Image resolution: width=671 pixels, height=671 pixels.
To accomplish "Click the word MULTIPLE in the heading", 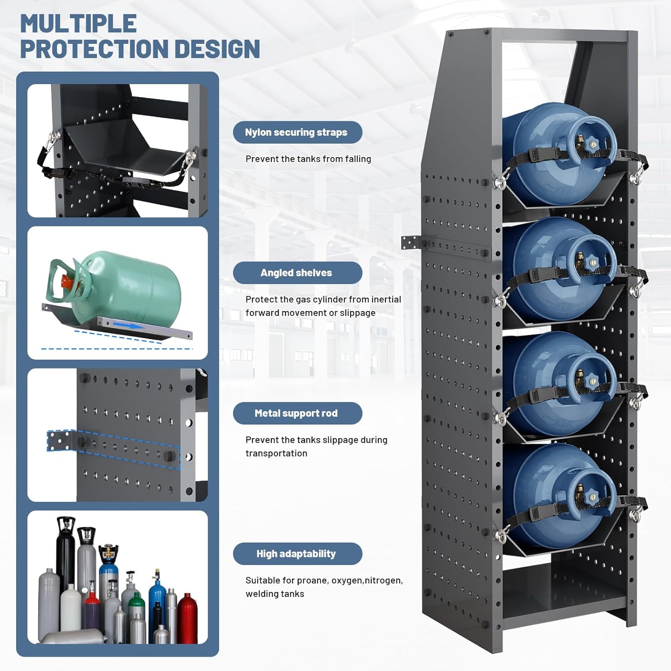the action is coord(79,24).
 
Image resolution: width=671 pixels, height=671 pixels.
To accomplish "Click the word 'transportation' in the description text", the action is coord(276,453).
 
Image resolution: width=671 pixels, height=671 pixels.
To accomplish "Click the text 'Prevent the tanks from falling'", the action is coord(308,159).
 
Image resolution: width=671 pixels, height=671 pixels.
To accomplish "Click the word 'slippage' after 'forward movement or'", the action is coord(357,313).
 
